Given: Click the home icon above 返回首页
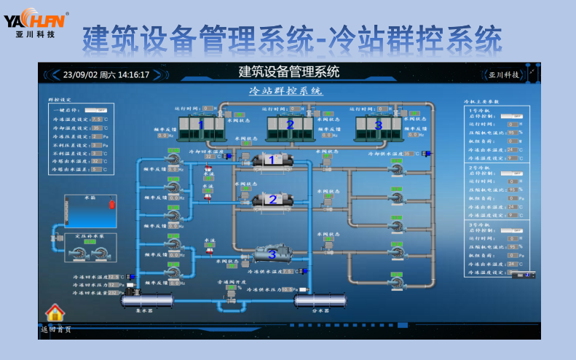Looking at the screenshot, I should tap(55, 313).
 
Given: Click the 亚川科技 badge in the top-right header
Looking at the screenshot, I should tap(504, 74).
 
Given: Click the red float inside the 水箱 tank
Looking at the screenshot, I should tap(111, 204).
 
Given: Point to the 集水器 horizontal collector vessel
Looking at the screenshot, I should tap(146, 300).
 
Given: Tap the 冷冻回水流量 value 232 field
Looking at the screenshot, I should tap(113, 293).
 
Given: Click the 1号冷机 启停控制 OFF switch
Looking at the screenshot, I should tap(515, 115).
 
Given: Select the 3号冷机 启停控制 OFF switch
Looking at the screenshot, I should tap(515, 230).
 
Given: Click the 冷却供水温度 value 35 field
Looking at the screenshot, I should tap(409, 154).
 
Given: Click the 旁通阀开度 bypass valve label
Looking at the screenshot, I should tap(232, 281).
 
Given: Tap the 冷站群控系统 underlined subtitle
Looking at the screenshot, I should tap(286, 92).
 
